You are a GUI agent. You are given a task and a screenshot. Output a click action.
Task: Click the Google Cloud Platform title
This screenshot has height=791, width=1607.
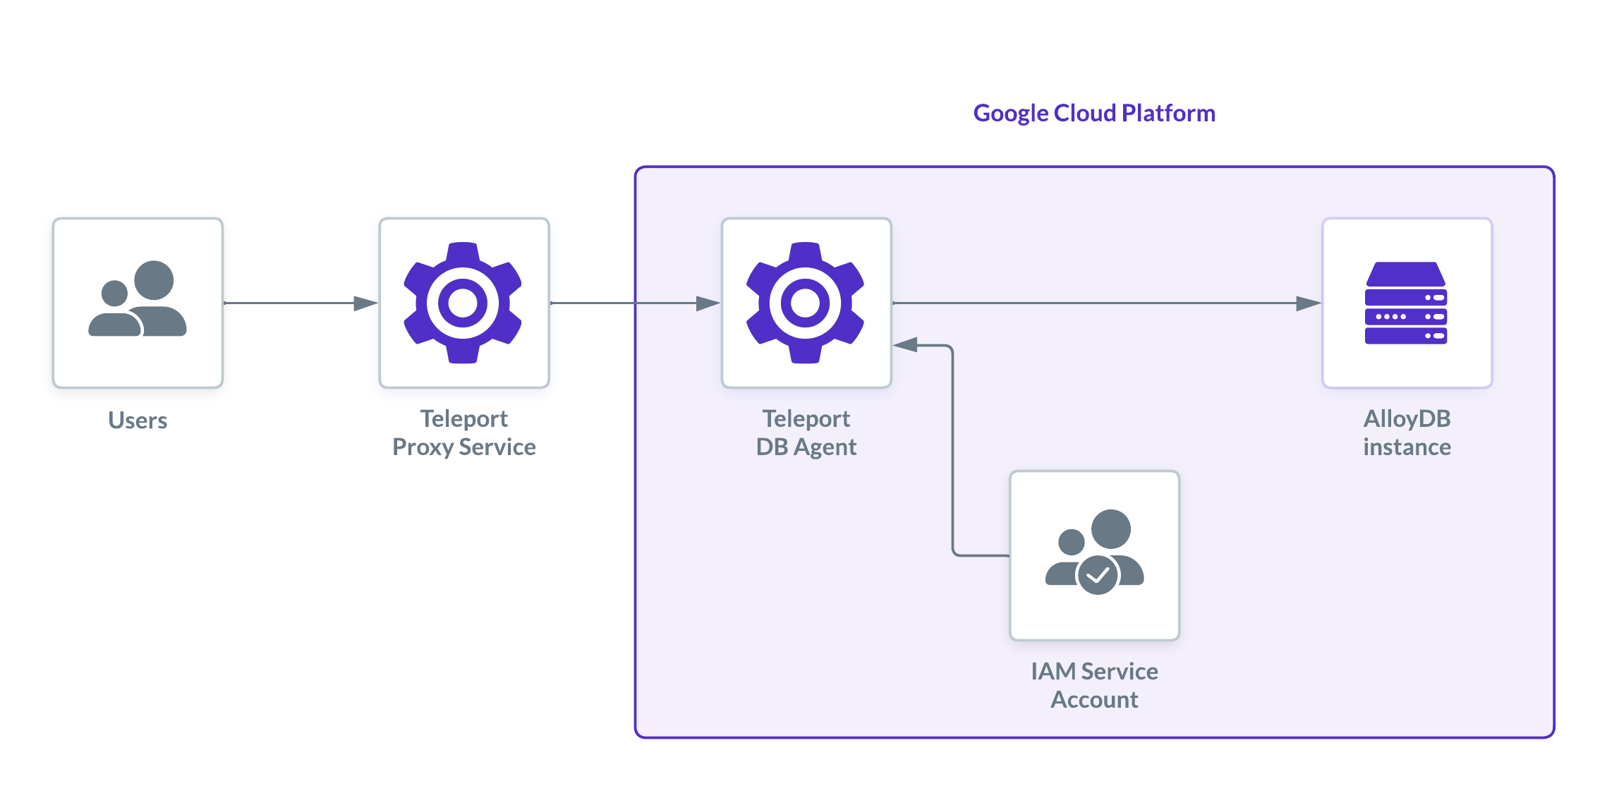point(1094,113)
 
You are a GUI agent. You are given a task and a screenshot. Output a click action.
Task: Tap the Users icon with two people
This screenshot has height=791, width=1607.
point(138,299)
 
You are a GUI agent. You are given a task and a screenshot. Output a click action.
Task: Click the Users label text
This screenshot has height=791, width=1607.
point(138,421)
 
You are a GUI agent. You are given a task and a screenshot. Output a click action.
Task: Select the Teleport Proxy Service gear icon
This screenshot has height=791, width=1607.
point(463,303)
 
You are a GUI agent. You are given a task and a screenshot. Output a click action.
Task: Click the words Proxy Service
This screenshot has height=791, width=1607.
point(463,447)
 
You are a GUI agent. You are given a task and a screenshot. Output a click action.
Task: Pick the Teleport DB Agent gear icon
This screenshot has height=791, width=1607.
point(806,303)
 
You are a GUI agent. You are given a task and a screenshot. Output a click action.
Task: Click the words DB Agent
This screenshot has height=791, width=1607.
point(806,447)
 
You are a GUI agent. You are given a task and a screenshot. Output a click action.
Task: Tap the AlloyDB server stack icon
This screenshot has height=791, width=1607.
point(1406,303)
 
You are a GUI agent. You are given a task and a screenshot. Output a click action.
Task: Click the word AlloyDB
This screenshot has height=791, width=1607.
point(1407,418)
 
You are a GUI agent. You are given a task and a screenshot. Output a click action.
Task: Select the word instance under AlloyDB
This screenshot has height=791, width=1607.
point(1407,447)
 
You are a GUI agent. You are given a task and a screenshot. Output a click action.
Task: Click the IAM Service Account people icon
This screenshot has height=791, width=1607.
point(1094,552)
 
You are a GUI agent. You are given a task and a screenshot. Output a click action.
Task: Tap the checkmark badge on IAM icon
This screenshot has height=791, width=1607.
point(1098,576)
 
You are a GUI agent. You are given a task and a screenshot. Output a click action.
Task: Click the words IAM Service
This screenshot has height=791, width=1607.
point(1094,671)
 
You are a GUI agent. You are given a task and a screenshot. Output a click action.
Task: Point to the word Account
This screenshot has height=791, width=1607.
point(1094,700)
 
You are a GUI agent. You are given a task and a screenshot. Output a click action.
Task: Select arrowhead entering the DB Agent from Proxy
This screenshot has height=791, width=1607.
point(708,303)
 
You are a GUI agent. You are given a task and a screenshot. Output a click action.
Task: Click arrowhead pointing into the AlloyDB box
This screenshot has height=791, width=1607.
point(1309,303)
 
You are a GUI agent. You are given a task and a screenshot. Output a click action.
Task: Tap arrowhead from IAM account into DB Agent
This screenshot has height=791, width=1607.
point(906,345)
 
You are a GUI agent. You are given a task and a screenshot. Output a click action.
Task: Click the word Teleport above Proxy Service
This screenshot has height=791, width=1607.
point(463,418)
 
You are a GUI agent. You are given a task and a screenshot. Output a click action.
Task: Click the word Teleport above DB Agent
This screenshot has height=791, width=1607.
point(806,418)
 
